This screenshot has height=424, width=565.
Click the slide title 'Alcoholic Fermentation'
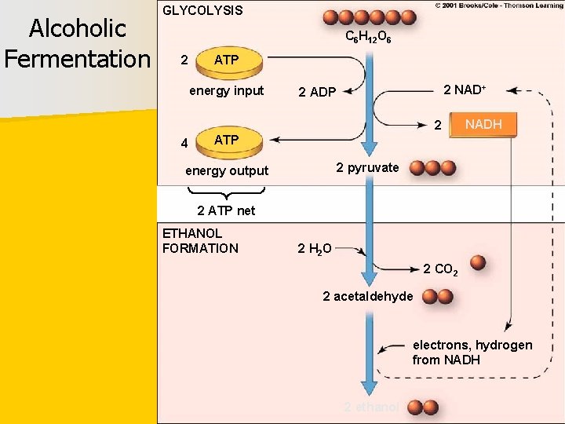tap(77, 43)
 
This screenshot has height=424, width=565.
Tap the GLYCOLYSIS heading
tap(202, 11)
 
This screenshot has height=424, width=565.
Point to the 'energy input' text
tap(227, 90)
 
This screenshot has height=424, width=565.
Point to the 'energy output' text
tap(227, 170)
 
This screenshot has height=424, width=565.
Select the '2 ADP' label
tap(317, 93)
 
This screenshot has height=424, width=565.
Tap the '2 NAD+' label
tap(465, 90)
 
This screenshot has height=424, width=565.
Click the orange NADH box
tap(483, 125)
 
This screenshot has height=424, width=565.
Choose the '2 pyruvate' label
tap(367, 167)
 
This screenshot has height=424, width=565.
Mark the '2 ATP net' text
tap(226, 210)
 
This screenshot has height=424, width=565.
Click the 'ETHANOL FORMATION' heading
tap(200, 241)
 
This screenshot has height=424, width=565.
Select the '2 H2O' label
tap(315, 249)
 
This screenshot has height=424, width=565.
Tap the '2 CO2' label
tap(440, 269)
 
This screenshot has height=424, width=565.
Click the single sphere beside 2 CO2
tap(478, 263)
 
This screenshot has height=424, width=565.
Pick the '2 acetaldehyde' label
tap(367, 296)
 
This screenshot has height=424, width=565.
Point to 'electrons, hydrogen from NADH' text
tap(472, 353)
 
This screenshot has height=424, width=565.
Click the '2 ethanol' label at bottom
tap(371, 407)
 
